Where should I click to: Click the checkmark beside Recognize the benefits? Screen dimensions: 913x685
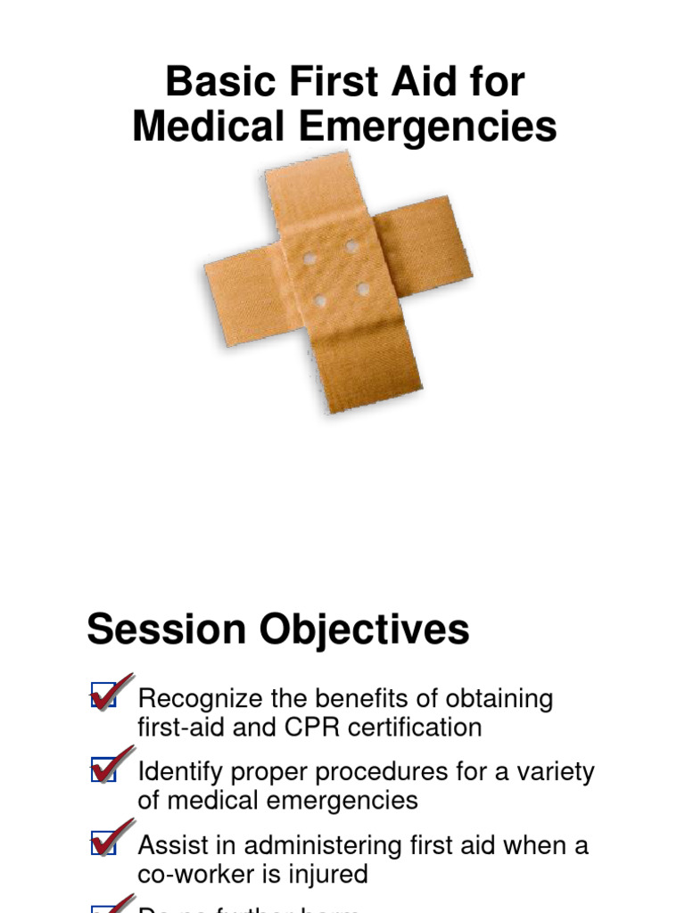pyautogui.click(x=109, y=694)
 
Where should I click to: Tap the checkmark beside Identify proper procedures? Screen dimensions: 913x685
pyautogui.click(x=109, y=767)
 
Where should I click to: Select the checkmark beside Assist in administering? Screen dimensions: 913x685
pyautogui.click(x=109, y=840)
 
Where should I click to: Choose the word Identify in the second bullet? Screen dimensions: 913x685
pyautogui.click(x=176, y=771)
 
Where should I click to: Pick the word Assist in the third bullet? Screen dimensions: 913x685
pyautogui.click(x=169, y=844)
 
